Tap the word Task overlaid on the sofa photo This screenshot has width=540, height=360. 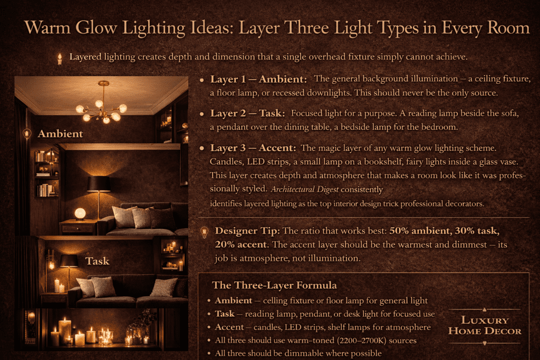tap(98, 260)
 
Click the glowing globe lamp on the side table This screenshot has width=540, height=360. tap(80, 213)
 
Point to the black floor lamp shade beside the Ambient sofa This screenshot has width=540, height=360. tap(99, 184)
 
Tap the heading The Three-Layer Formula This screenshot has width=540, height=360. tap(274, 285)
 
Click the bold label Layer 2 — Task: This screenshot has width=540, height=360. tap(248, 113)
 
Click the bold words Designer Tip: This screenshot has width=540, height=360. tap(248, 231)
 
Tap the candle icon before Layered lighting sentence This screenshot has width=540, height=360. tap(60, 58)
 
